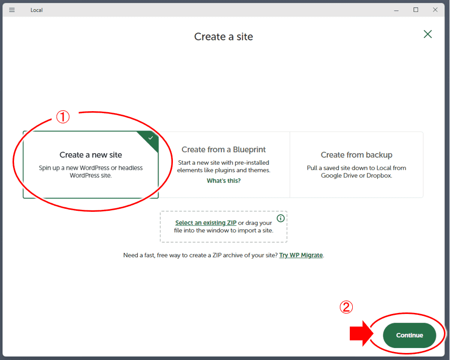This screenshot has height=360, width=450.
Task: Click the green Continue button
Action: (x=409, y=335)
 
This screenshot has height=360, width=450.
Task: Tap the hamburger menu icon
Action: (x=12, y=10)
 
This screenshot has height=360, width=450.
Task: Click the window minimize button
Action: (x=396, y=11)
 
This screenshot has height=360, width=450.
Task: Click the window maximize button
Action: (x=415, y=10)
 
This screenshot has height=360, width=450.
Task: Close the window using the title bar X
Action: (x=435, y=10)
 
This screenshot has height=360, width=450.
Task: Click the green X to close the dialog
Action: (x=427, y=34)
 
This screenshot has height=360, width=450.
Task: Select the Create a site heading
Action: (x=223, y=37)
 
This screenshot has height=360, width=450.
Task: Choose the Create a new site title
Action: (x=91, y=155)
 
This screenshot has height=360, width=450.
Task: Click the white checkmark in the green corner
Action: (x=151, y=138)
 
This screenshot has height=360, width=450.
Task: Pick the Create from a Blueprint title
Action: (x=223, y=149)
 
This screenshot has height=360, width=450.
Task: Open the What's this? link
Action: (x=223, y=181)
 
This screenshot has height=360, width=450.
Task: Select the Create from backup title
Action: (x=356, y=155)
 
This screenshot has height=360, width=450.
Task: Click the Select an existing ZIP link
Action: (x=206, y=223)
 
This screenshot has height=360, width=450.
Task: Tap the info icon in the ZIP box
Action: (x=281, y=218)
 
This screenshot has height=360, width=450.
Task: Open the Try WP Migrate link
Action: (x=301, y=255)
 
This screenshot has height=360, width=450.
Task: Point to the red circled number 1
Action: (x=63, y=117)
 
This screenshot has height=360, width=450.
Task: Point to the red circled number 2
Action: (x=346, y=307)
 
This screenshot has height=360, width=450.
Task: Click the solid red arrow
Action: (x=361, y=333)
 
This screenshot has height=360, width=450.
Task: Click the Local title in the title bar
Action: (x=37, y=10)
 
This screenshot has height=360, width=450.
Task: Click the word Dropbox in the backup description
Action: (x=379, y=176)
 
